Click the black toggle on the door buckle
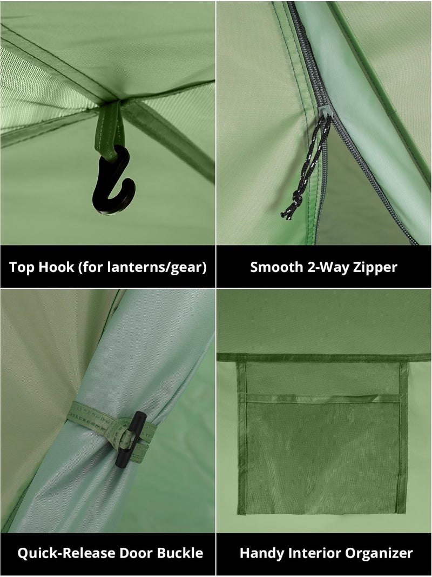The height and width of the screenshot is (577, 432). pyautogui.click(x=131, y=439)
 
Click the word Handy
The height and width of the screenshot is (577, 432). pyautogui.click(x=262, y=554)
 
